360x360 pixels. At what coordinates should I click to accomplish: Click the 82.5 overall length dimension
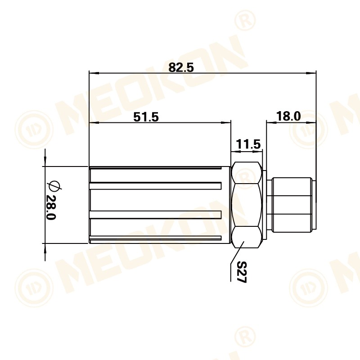(x=181, y=67)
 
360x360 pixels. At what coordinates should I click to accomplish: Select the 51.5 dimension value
(x=146, y=117)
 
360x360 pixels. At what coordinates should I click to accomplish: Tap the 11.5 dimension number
(x=248, y=144)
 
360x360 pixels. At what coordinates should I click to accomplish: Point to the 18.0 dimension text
(x=288, y=117)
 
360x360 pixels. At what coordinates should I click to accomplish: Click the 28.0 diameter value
(x=51, y=208)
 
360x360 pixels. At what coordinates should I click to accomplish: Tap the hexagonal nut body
(x=247, y=205)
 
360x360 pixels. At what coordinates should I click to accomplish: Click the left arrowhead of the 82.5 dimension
(x=93, y=73)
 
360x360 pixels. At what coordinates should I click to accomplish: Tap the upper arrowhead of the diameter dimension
(x=45, y=162)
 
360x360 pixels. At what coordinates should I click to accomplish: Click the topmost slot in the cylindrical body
(x=155, y=169)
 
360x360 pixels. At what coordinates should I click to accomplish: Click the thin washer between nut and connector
(x=265, y=205)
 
